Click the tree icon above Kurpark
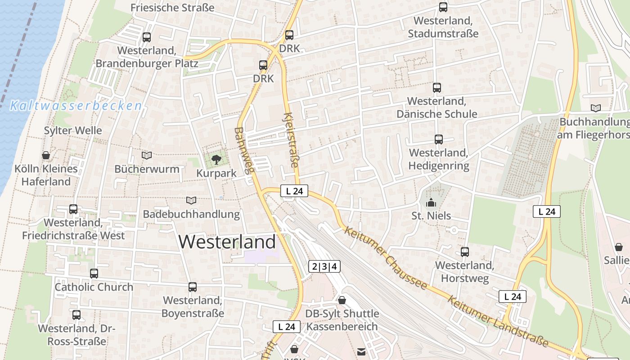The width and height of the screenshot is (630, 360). pyautogui.click(x=216, y=159)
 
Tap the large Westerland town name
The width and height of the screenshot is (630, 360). pyautogui.click(x=227, y=242)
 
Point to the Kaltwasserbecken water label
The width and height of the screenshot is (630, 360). pyautogui.click(x=76, y=106)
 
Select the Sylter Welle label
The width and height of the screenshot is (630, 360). pyautogui.click(x=73, y=131)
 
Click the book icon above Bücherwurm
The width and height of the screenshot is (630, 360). pyautogui.click(x=147, y=155)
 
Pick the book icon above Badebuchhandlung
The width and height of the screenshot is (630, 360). pyautogui.click(x=191, y=200)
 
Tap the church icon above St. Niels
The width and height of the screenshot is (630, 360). pyautogui.click(x=431, y=202)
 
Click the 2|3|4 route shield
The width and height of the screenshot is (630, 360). pyautogui.click(x=324, y=266)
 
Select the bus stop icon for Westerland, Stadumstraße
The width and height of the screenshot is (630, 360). pyautogui.click(x=443, y=7)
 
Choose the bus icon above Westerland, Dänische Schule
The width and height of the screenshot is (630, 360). pyautogui.click(x=436, y=87)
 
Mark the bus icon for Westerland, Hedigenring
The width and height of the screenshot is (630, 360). pyautogui.click(x=439, y=139)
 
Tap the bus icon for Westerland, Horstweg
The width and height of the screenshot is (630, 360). pyautogui.click(x=465, y=252)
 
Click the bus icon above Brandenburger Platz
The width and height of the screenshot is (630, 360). pyautogui.click(x=147, y=37)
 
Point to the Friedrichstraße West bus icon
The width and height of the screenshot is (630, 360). pyautogui.click(x=73, y=209)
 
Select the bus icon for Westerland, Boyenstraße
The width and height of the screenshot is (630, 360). pyautogui.click(x=193, y=287)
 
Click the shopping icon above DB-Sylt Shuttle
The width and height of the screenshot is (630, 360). pyautogui.click(x=342, y=300)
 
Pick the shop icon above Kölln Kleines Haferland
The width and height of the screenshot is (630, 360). pyautogui.click(x=46, y=156)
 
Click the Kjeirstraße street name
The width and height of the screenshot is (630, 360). pyautogui.click(x=292, y=140)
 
